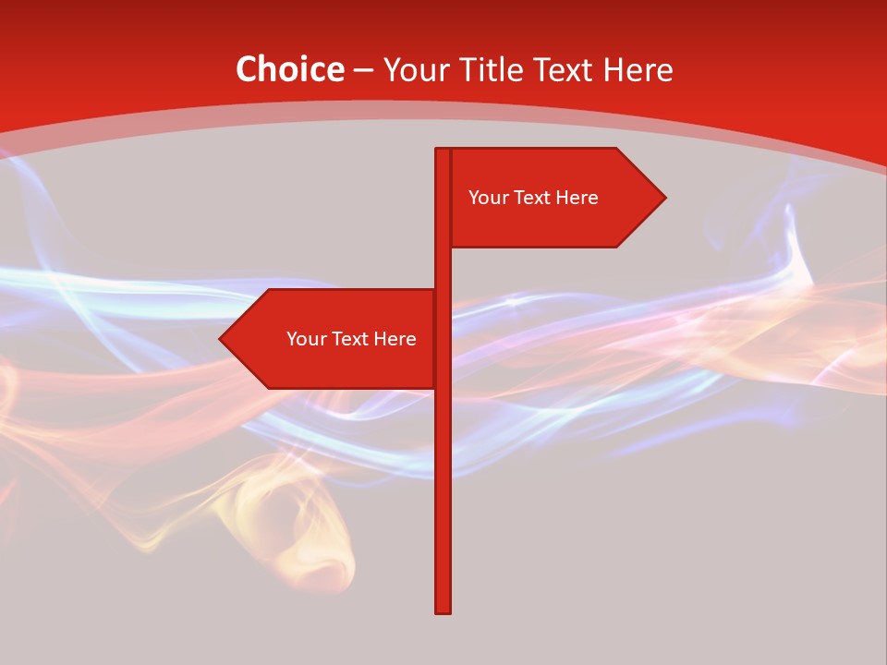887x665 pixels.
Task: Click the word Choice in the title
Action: tap(289, 69)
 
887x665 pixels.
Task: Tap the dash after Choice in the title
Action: tap(363, 71)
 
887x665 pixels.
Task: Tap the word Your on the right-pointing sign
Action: tap(488, 198)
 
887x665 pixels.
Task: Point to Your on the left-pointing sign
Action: tap(306, 339)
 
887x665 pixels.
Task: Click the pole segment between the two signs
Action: tap(443, 268)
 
